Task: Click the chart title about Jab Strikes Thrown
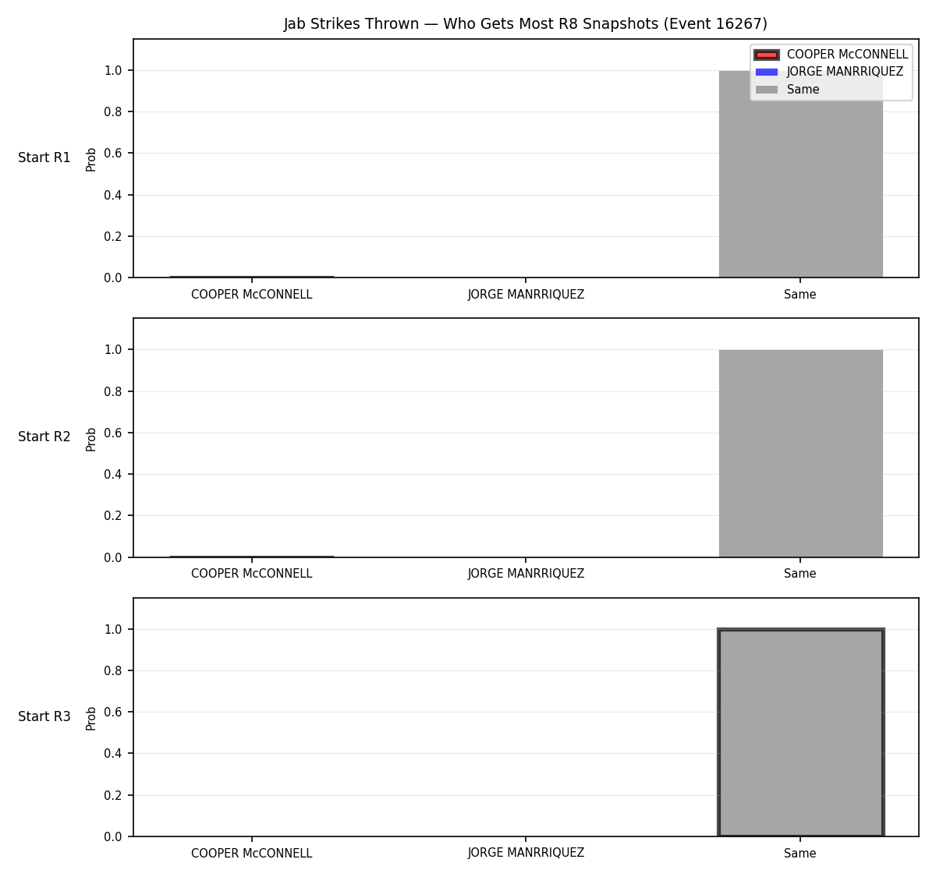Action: point(525,23)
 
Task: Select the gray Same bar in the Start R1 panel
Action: point(800,174)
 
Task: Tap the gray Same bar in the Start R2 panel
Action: point(800,454)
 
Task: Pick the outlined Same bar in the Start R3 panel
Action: point(800,733)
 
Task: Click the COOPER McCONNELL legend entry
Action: point(831,55)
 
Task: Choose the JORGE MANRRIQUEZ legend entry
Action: point(828,72)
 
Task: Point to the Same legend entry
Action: point(787,90)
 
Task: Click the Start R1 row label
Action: point(44,157)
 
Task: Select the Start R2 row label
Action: point(44,437)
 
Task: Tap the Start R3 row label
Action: point(44,716)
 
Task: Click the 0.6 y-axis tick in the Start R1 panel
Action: point(112,153)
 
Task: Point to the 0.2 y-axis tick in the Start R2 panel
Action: point(112,515)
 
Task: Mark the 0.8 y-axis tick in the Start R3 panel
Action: point(112,670)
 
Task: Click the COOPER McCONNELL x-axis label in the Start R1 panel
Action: point(252,295)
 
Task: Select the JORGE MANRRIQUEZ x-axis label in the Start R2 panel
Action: point(526,574)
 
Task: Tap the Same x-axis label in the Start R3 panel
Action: point(800,853)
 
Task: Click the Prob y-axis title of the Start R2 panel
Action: point(91,439)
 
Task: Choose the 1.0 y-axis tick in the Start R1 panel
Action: point(112,71)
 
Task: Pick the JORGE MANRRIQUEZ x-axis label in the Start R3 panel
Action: point(526,853)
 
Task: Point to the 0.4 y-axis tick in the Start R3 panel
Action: point(112,753)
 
